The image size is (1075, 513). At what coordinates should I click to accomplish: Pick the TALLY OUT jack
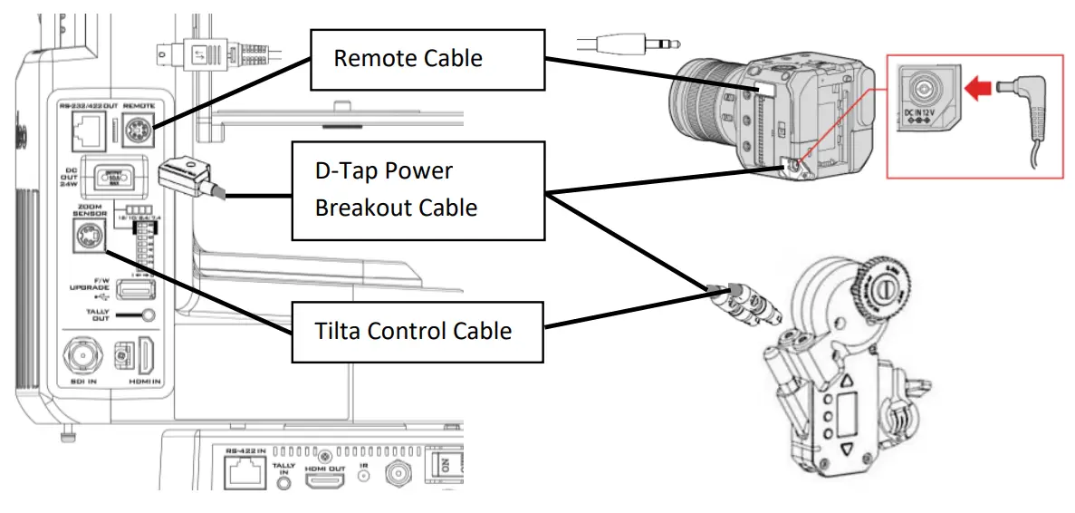coord(138,316)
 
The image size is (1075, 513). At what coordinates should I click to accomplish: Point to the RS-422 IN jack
coord(242,474)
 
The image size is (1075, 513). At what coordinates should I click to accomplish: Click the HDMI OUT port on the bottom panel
coord(322,478)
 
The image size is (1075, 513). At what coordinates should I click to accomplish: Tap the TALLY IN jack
coord(288,480)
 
